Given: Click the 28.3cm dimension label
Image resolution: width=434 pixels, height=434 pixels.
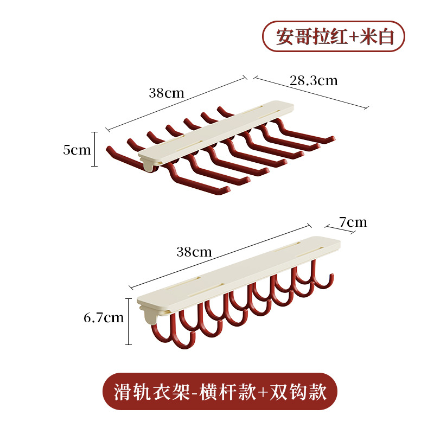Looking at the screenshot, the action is [x=314, y=81].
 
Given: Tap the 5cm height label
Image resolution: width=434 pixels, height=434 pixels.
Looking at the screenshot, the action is [x=77, y=150].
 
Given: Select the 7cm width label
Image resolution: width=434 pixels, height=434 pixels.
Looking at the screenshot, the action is [x=353, y=222].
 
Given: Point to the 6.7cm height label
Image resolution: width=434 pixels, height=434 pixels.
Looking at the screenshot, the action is [x=104, y=317].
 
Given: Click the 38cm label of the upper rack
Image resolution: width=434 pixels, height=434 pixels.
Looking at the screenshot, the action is [x=167, y=92].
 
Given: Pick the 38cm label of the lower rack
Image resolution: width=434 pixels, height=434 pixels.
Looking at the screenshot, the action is [x=194, y=252].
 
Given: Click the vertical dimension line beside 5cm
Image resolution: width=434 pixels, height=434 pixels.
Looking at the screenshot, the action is [x=95, y=149].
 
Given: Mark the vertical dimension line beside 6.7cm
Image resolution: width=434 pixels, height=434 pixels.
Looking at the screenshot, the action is [x=129, y=321].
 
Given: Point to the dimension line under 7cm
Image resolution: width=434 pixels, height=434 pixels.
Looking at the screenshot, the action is [x=340, y=229].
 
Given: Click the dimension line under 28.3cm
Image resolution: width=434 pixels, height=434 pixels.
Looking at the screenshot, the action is [x=312, y=93].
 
